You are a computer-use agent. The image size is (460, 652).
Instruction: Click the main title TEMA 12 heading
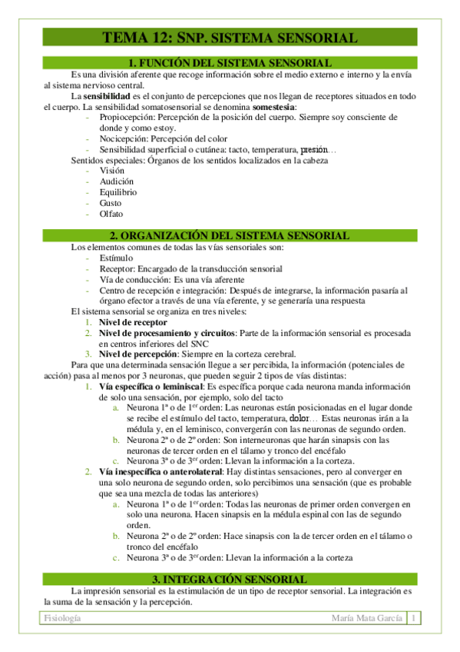tap(230, 38)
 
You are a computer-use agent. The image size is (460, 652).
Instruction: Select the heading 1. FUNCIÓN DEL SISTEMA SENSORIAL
tap(230, 62)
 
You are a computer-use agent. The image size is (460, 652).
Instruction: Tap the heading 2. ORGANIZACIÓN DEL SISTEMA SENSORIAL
tap(230, 235)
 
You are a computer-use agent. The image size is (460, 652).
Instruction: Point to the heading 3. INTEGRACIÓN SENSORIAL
tap(230, 578)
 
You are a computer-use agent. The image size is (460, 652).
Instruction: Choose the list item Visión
tap(111, 171)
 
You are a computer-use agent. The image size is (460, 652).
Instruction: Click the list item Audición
tap(116, 181)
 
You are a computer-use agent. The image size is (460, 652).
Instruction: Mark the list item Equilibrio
tap(118, 192)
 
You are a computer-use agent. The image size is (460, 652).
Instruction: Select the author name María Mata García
tap(362, 618)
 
